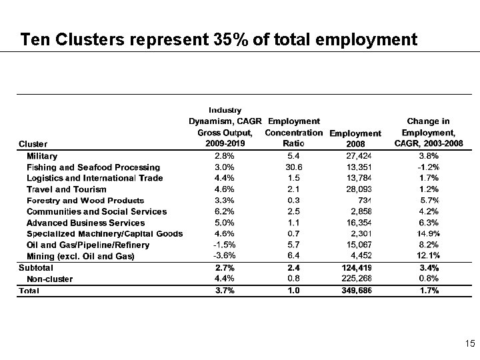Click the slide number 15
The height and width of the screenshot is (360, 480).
click(x=470, y=344)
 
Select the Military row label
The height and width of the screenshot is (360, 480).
click(x=42, y=155)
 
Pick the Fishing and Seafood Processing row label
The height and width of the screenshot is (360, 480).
click(x=93, y=167)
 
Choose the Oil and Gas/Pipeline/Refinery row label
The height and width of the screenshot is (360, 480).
click(x=88, y=245)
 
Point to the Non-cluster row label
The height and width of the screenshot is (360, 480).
click(x=50, y=279)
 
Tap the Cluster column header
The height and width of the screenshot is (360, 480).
click(x=33, y=144)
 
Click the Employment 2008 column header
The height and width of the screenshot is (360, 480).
click(x=355, y=139)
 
